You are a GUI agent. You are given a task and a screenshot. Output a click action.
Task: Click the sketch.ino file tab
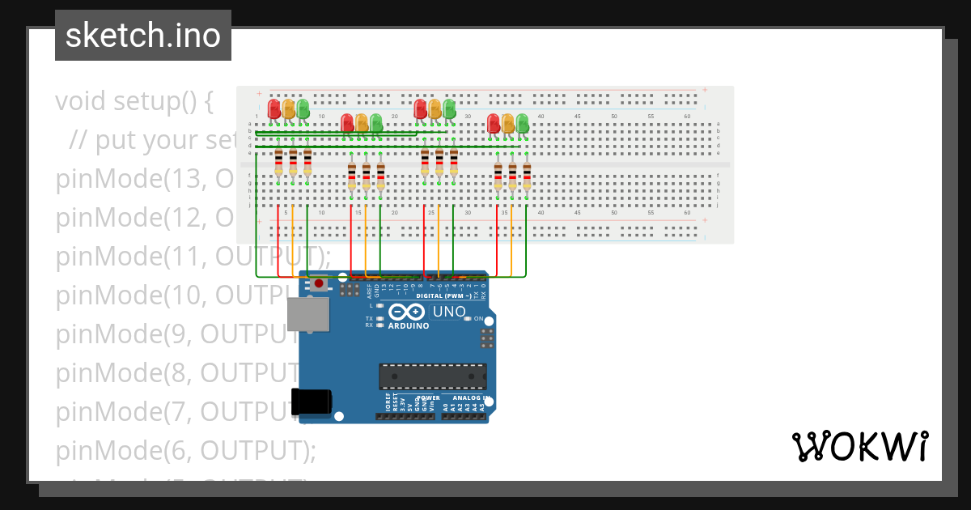tap(143, 36)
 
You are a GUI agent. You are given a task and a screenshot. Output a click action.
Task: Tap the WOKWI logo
tap(859, 446)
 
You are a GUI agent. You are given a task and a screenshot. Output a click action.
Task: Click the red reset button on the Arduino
tap(320, 283)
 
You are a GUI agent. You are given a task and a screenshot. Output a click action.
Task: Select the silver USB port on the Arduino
tap(308, 314)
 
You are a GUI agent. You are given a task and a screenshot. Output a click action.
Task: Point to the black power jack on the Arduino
tap(312, 402)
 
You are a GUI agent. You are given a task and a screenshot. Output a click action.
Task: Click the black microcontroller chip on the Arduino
tap(433, 376)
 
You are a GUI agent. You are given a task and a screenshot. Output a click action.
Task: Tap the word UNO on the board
tap(449, 312)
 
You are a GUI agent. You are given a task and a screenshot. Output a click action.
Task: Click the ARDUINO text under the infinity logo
tap(408, 326)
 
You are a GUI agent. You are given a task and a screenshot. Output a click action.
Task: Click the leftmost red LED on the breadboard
tap(274, 108)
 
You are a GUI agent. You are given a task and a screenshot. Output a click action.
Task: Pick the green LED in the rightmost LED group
tap(523, 122)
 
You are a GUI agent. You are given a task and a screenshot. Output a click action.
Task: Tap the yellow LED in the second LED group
tap(362, 122)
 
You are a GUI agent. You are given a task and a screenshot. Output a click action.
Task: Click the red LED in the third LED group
tap(420, 108)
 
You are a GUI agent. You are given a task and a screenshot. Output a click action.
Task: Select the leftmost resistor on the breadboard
tap(278, 162)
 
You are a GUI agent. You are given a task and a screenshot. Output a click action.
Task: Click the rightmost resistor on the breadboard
tap(527, 176)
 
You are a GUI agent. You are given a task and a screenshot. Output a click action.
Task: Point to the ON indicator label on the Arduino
tap(477, 319)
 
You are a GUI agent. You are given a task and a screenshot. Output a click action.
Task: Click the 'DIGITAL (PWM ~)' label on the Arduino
tap(443, 295)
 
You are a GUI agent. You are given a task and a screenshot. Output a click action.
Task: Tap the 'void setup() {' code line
tap(134, 101)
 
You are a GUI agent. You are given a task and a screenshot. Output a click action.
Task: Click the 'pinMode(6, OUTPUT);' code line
tap(185, 450)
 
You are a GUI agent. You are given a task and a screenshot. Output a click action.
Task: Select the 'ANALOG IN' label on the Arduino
tap(468, 398)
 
